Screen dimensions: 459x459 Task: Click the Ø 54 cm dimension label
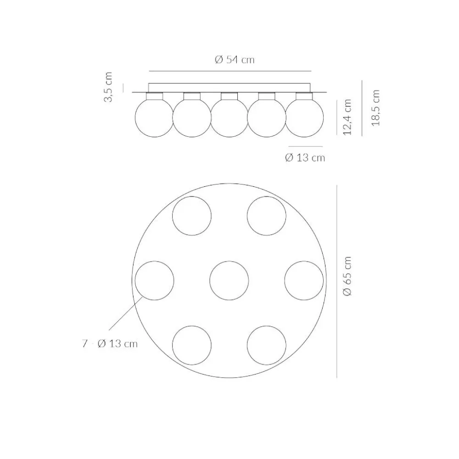pyautogui.click(x=235, y=60)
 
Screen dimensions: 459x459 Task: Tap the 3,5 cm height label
pyautogui.click(x=108, y=87)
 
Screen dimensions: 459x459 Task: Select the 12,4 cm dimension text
pyautogui.click(x=347, y=117)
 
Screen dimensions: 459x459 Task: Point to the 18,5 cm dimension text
pyautogui.click(x=375, y=108)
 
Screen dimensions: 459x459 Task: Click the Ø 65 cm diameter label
pyautogui.click(x=347, y=276)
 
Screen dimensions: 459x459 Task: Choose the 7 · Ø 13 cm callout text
pyautogui.click(x=110, y=343)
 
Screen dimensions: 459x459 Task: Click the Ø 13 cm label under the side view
pyautogui.click(x=305, y=158)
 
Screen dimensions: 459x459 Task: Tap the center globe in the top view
pyautogui.click(x=229, y=280)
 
